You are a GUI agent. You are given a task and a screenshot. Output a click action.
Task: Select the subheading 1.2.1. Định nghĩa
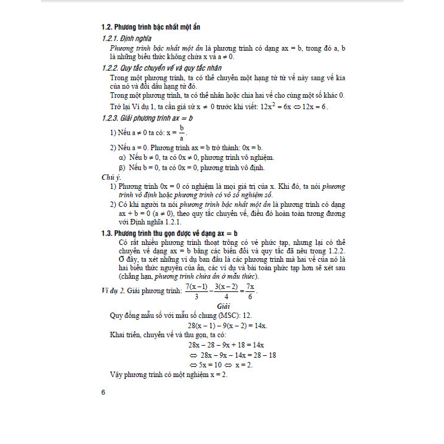click(x=127, y=39)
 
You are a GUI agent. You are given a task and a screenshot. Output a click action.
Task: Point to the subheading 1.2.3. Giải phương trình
click(x=147, y=118)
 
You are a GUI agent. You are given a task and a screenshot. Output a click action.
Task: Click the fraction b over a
click(x=181, y=133)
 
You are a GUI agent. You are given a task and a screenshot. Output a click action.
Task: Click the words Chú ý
click(x=112, y=177)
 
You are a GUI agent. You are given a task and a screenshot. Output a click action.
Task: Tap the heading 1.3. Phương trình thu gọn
click(x=170, y=232)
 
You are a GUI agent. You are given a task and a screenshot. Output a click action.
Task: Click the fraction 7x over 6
click(x=249, y=291)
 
